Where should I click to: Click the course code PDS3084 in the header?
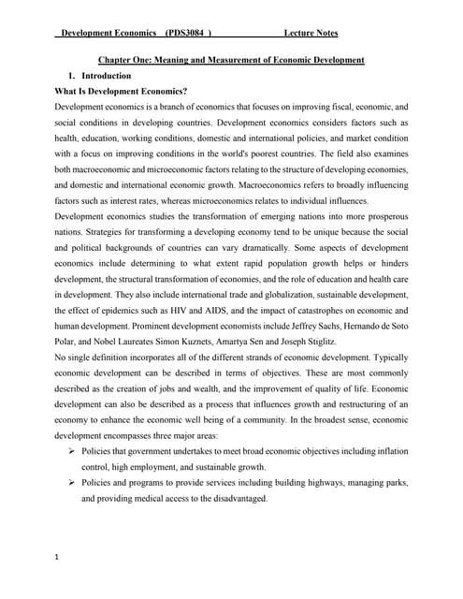point(186,35)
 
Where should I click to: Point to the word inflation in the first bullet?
point(390,451)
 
